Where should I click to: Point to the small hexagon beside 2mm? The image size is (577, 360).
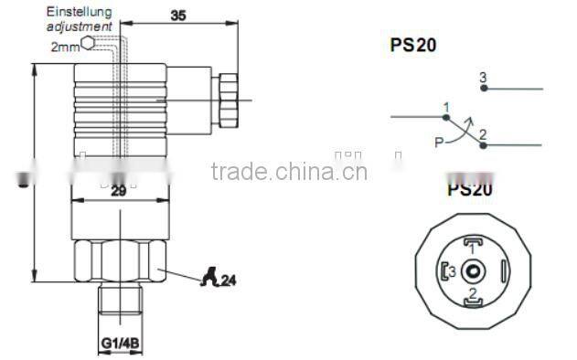86,42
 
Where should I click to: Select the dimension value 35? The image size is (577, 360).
178,15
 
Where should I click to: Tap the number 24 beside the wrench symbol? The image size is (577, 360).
229,281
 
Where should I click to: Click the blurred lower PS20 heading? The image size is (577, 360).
469,190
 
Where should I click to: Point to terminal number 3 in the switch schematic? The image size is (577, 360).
482,78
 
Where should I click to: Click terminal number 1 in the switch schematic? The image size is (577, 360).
445,108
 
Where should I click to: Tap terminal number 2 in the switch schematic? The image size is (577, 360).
482,134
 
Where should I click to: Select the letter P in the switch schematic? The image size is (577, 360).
439,142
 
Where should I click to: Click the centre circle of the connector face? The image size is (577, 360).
472,270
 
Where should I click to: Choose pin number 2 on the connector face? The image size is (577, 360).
472,292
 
